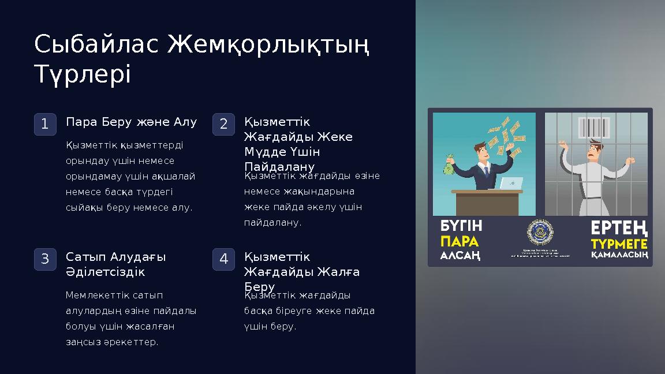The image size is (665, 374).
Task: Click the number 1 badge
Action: tap(45, 124)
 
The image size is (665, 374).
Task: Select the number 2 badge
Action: tap(223, 124)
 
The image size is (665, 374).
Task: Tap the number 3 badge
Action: tap(45, 259)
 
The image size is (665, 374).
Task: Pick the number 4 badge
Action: tap(223, 259)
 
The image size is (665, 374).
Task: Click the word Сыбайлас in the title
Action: tap(96, 45)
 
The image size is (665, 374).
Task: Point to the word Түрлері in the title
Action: tap(83, 74)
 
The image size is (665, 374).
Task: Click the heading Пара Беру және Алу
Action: tap(132, 122)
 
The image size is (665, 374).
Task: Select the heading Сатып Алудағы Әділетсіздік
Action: tap(116, 264)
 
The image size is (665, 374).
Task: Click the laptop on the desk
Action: tap(510, 184)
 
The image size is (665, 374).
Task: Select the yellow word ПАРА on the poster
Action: tap(460, 240)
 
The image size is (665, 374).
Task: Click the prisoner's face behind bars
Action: tap(595, 151)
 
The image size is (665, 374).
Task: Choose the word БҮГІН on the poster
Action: tap(461, 226)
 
